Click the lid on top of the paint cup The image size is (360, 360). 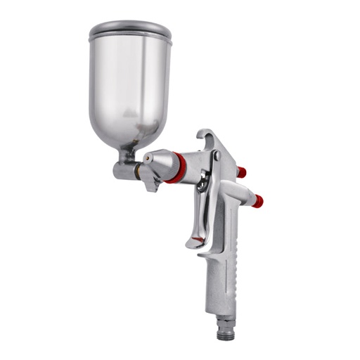pos(130,30)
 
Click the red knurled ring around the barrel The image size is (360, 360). pos(178,169)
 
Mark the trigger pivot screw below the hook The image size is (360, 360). pos(217,156)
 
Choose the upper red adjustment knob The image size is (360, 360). pos(242,172)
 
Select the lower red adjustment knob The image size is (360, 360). pos(257,202)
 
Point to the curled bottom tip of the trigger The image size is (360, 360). pos(194,244)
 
